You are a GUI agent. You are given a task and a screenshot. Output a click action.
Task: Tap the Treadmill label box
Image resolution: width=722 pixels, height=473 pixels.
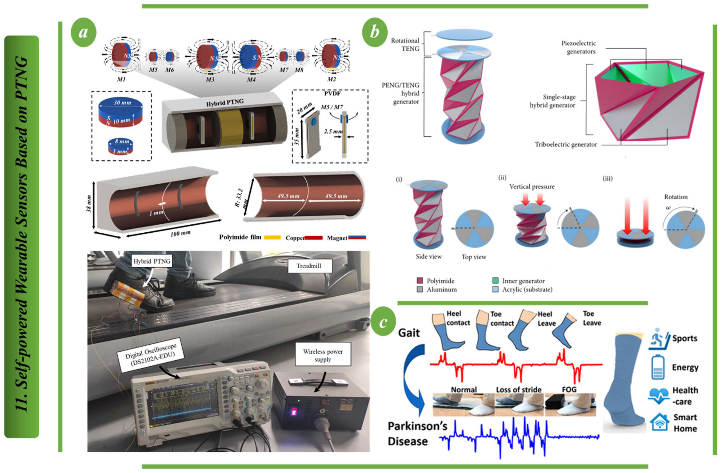pos(309,266)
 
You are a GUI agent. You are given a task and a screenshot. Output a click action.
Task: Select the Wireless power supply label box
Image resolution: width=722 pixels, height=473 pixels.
pos(323,356)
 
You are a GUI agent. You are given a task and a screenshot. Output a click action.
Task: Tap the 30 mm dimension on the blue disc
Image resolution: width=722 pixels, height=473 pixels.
pos(122,103)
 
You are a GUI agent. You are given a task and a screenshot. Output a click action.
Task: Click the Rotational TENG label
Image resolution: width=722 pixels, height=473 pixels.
pos(405,45)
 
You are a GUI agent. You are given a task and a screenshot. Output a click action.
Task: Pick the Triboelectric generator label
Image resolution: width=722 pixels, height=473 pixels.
pos(566,145)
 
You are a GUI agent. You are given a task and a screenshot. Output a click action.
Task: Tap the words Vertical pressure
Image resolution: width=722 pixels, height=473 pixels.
pos(532,187)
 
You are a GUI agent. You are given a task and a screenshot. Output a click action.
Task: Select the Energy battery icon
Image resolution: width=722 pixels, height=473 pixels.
pos(657,368)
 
